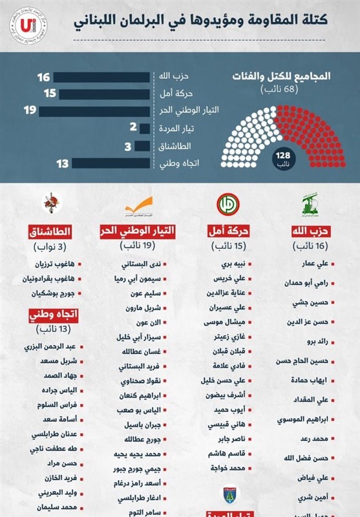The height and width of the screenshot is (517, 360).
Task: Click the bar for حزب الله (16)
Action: [103, 78]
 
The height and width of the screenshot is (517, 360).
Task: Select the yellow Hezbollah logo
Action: [311, 205]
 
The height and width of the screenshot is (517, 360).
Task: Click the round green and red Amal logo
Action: [226, 204]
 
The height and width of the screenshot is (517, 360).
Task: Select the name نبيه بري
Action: [232, 264]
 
